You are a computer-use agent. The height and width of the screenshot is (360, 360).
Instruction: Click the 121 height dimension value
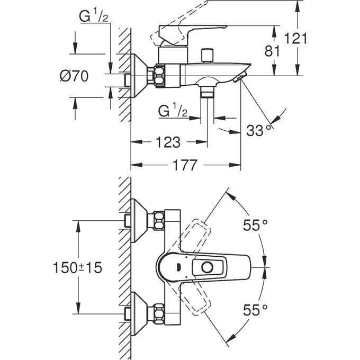tap(296, 38)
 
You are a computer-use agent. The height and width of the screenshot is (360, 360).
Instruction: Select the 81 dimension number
tap(272, 51)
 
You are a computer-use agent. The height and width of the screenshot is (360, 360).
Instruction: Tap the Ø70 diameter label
tap(74, 76)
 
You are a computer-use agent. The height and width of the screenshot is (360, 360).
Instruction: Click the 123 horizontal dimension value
tap(168, 142)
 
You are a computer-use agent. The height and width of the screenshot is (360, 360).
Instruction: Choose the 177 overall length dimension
tap(185, 165)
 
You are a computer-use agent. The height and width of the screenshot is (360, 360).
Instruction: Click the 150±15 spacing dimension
tap(78, 267)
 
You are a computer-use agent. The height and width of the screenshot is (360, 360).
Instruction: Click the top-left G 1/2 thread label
tap(94, 16)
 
